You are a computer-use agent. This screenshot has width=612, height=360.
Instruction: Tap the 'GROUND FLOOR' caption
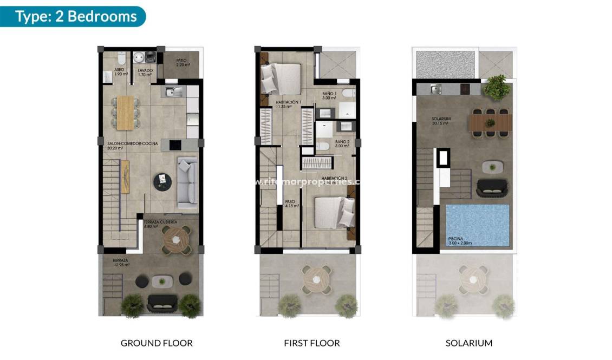[157, 343]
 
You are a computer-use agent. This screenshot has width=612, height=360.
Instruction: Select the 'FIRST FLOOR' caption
[312, 343]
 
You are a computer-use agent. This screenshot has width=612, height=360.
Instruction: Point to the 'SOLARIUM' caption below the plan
[469, 343]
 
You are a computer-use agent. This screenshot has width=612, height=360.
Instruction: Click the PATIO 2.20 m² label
[183, 63]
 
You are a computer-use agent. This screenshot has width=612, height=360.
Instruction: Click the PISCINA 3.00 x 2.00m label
[460, 241]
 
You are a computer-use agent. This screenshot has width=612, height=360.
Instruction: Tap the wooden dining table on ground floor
[125, 112]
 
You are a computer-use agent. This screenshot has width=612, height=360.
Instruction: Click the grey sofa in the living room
[187, 182]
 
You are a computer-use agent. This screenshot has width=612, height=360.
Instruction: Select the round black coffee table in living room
[162, 181]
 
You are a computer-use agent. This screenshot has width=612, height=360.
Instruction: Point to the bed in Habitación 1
[281, 78]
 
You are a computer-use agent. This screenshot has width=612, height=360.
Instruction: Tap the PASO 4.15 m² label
[292, 204]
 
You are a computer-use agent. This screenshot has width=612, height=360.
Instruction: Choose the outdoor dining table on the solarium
[490, 121]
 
